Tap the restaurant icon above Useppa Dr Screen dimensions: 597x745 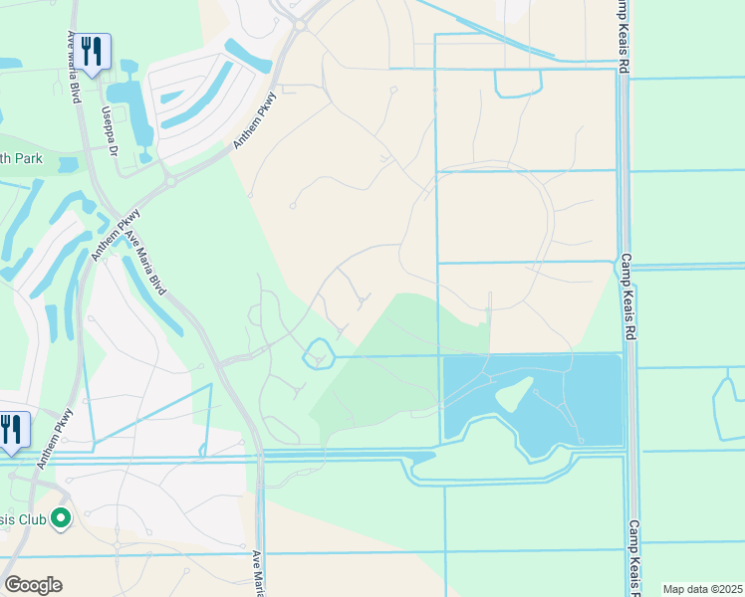[94, 52]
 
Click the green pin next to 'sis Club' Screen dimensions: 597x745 [61, 517]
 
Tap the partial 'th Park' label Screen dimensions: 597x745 [22, 157]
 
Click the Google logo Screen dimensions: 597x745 [33, 584]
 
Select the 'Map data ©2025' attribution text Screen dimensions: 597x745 [702, 589]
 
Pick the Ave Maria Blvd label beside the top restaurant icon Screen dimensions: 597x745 [73, 68]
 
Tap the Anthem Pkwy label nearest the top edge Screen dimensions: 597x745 [254, 121]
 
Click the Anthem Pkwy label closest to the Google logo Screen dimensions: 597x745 [56, 438]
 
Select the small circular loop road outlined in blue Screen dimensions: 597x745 [318, 353]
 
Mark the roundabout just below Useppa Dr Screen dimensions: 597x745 [169, 181]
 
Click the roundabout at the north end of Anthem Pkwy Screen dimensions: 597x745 [299, 23]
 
